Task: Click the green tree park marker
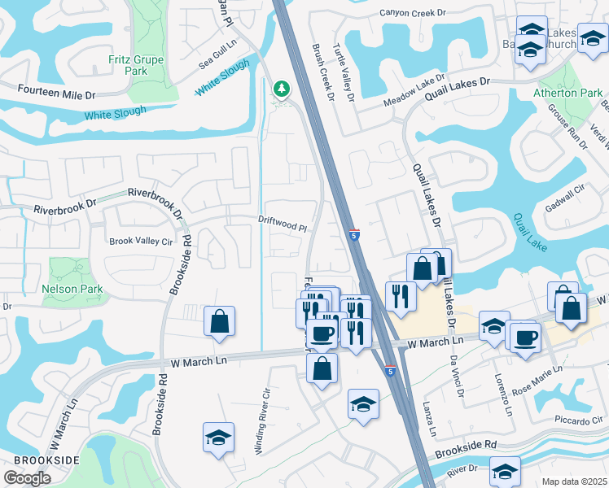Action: click(x=282, y=89)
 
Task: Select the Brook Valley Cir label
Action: click(x=142, y=242)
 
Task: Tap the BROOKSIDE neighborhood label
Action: click(x=41, y=460)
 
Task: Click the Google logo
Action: click(x=27, y=478)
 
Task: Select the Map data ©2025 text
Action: click(x=574, y=481)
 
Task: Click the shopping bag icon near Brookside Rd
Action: click(x=220, y=321)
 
